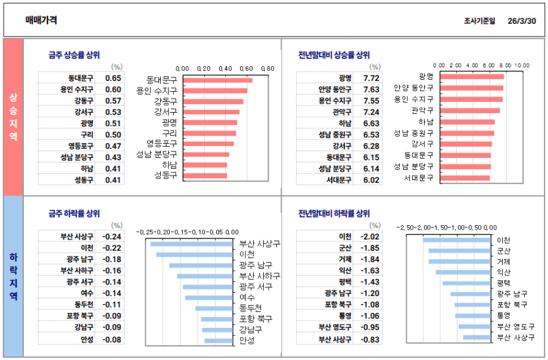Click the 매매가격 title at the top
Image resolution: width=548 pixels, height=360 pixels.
click(x=41, y=20)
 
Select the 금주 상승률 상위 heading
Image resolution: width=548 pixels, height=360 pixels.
click(x=74, y=55)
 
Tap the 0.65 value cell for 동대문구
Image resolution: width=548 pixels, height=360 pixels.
click(x=113, y=78)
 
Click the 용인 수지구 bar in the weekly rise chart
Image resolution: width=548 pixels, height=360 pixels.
click(x=215, y=91)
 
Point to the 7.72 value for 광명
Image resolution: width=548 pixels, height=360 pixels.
click(x=371, y=78)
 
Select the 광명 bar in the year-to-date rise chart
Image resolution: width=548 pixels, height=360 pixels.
click(x=472, y=76)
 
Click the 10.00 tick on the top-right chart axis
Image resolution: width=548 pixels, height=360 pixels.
click(x=522, y=65)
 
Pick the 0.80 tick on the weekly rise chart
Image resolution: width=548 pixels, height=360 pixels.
click(x=267, y=69)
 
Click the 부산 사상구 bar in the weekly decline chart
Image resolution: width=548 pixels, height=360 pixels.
click(x=192, y=244)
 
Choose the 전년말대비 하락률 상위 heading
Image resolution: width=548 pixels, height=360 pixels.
click(x=334, y=213)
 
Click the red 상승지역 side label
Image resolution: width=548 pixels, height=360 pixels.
click(x=13, y=117)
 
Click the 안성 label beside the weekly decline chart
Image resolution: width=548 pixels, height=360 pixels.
click(x=247, y=340)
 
